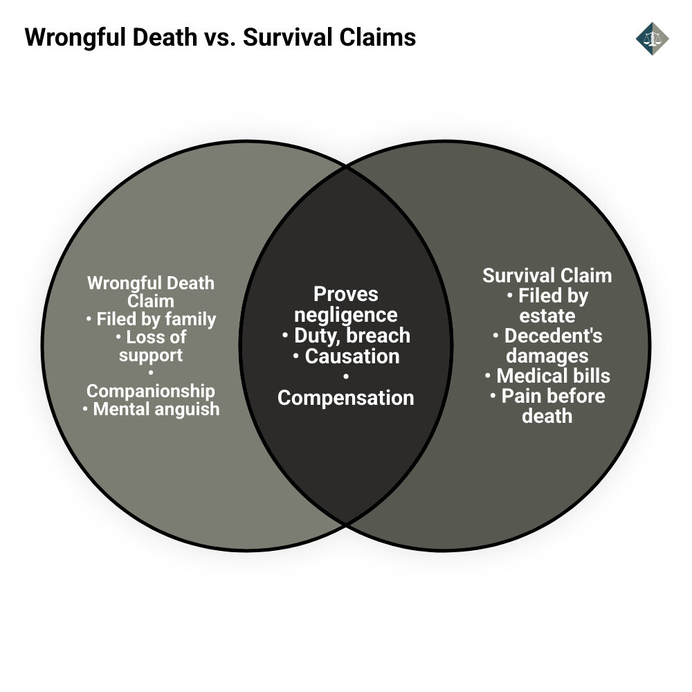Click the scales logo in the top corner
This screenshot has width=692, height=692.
click(652, 38)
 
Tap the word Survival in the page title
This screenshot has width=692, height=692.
click(283, 37)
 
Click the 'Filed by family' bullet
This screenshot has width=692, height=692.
click(151, 319)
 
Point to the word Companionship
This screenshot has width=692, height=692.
click(151, 391)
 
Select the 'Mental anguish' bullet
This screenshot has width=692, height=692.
click(151, 409)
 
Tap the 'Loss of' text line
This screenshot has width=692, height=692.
click(151, 337)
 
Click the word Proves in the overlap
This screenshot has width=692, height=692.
click(346, 294)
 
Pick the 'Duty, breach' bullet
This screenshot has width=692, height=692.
click(346, 336)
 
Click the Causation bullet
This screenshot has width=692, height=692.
click(346, 356)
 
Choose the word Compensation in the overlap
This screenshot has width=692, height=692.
click(346, 398)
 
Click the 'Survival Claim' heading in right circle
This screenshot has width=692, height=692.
click(547, 275)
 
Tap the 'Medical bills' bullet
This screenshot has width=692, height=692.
click(547, 376)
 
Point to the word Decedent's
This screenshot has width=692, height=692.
click(553, 336)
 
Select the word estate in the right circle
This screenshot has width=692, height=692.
click(547, 316)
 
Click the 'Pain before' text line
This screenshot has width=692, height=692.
click(547, 396)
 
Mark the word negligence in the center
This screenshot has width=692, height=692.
click(346, 315)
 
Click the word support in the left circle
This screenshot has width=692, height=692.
click(151, 355)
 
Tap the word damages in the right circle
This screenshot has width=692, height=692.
click(547, 356)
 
